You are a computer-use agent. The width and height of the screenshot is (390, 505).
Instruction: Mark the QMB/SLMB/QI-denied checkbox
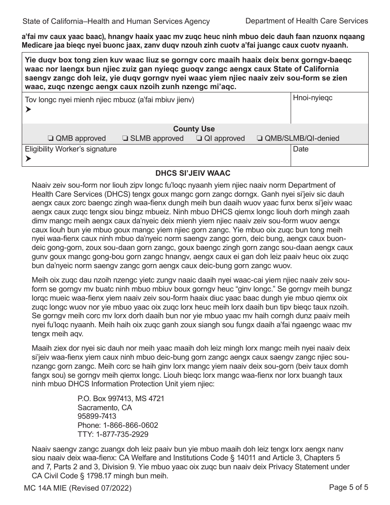click(x=259, y=138)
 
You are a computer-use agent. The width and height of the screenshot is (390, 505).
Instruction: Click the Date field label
click(x=301, y=149)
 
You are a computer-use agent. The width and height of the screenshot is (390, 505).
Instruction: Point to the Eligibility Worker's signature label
click(x=71, y=149)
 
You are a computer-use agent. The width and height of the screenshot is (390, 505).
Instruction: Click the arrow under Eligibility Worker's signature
click(x=28, y=159)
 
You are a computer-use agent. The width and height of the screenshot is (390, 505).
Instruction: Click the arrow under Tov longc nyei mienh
click(x=28, y=109)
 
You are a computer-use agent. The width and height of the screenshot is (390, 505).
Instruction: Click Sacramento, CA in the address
click(x=105, y=408)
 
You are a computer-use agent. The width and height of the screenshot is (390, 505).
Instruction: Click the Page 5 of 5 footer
click(x=349, y=488)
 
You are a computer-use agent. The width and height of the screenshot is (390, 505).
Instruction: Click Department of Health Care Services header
click(x=306, y=21)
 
